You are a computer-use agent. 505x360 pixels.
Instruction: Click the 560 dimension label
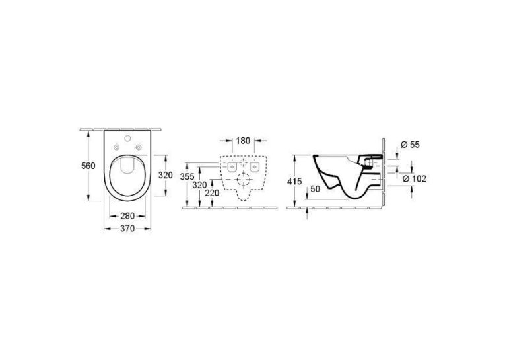(x=88, y=166)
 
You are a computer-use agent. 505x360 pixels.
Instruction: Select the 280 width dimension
(x=127, y=215)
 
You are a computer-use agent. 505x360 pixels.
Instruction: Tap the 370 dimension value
(x=127, y=229)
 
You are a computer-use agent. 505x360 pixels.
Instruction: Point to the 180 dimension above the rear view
(x=243, y=141)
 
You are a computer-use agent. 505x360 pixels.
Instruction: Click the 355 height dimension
(x=187, y=176)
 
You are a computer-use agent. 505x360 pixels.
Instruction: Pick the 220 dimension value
(x=213, y=193)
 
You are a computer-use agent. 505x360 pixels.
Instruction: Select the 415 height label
(x=294, y=182)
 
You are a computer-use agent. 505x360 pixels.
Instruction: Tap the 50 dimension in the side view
(x=316, y=189)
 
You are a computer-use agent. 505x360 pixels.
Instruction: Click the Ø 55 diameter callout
(x=411, y=145)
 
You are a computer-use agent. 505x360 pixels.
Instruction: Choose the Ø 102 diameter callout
(x=415, y=178)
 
